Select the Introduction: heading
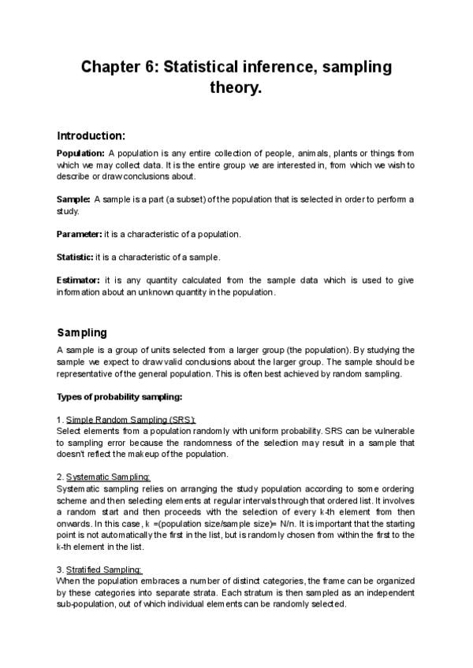pos(91,135)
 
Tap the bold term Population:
pos(80,153)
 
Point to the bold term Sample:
pos(73,199)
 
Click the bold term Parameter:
pos(80,235)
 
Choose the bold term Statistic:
pos(75,258)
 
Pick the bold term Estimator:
pos(79,280)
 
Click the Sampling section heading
pos(82,332)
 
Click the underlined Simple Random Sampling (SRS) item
pos(131,420)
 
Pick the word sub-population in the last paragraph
pos(86,604)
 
